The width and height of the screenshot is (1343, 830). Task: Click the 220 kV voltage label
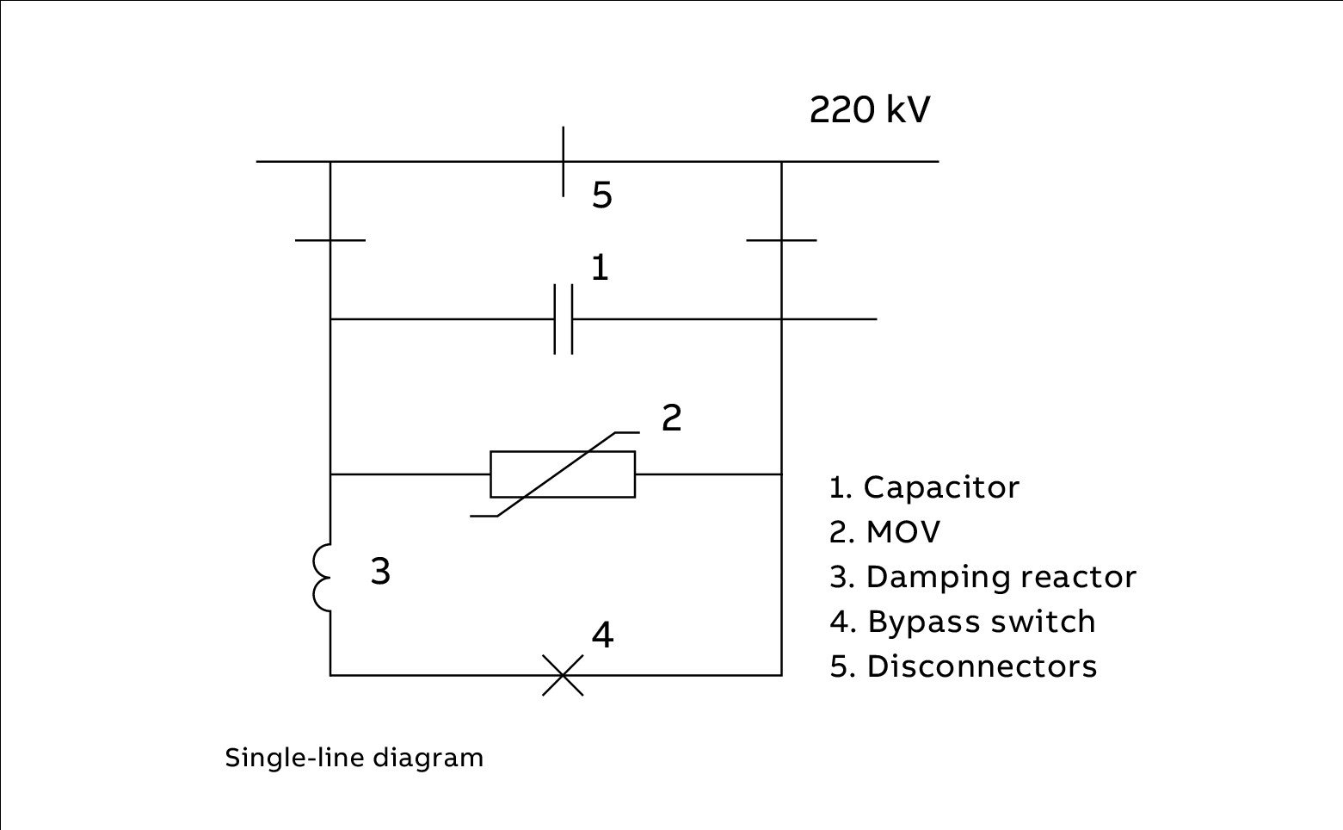(x=869, y=110)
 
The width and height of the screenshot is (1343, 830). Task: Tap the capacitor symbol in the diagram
(x=563, y=319)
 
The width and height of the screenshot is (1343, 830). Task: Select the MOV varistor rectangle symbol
(x=563, y=474)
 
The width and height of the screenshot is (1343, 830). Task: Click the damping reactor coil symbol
(x=323, y=578)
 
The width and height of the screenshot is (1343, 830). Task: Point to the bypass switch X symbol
(x=563, y=675)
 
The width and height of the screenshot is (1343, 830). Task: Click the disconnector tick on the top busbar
(x=564, y=161)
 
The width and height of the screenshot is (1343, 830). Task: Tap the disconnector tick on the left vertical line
(x=330, y=240)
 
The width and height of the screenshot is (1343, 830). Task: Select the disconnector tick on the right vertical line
(x=781, y=240)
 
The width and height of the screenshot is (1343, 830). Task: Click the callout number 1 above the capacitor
(x=600, y=268)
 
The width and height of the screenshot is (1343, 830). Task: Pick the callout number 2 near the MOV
(x=671, y=418)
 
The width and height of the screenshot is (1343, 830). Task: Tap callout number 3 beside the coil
(x=380, y=571)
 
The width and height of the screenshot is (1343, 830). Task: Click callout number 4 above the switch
(x=602, y=635)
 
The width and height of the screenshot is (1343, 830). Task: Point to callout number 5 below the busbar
(x=601, y=195)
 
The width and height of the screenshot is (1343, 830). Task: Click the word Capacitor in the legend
(x=941, y=487)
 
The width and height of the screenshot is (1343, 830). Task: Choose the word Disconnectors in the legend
(x=982, y=666)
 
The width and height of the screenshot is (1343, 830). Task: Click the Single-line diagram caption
(x=354, y=758)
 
